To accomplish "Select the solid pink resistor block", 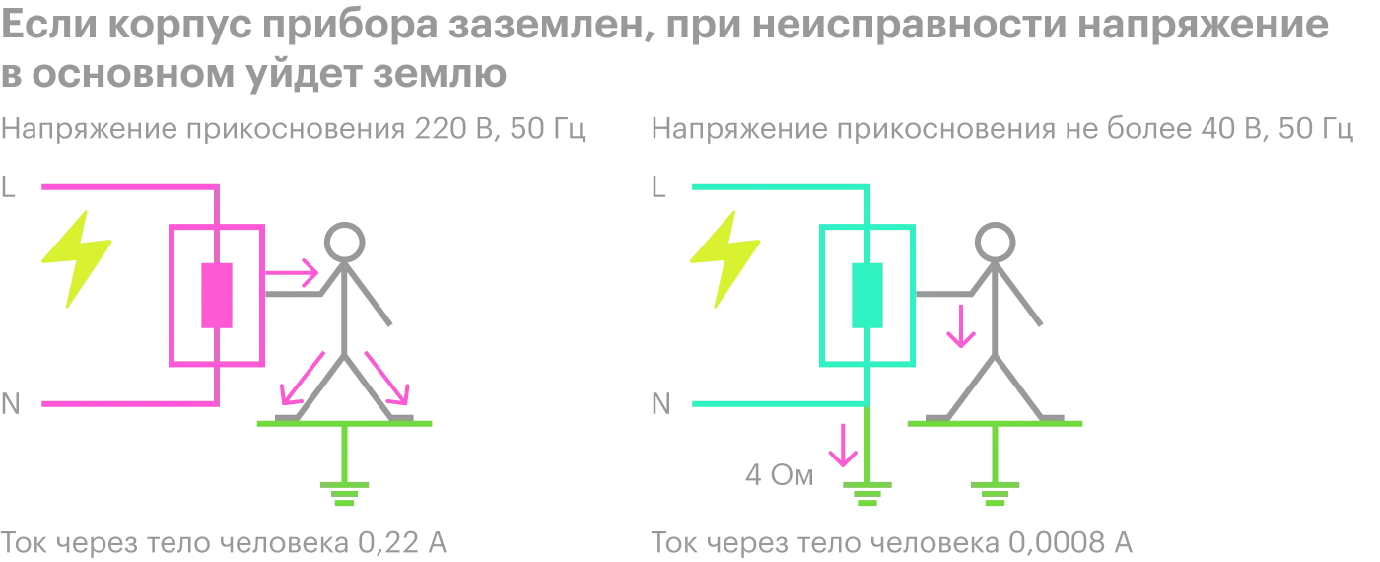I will point(216,296).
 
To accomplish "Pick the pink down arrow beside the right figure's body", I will point(958,326).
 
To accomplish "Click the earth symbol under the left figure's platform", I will point(343,490).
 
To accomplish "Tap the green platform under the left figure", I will point(343,425).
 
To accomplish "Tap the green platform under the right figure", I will point(996,425).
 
